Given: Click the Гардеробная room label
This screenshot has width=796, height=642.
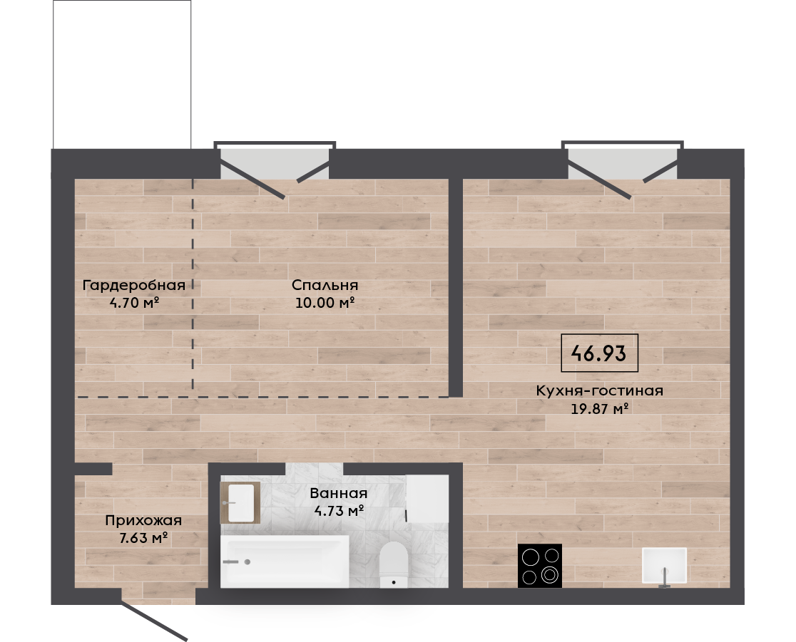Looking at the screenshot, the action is (x=133, y=286).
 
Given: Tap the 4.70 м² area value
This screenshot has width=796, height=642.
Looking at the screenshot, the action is (x=135, y=304).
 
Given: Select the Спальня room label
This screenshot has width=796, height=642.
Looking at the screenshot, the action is (x=325, y=285).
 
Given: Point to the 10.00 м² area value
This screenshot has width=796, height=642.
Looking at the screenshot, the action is (x=325, y=303).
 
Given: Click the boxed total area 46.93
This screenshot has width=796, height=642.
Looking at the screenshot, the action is (x=599, y=353).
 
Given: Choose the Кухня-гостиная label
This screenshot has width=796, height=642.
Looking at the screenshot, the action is (x=600, y=391).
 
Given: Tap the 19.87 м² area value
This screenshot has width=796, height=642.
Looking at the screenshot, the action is (x=600, y=408).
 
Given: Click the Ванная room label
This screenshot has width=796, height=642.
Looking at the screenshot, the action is (x=339, y=493).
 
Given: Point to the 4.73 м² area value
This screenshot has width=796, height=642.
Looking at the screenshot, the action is (x=339, y=510).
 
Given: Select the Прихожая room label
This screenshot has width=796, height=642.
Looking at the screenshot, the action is (x=143, y=521).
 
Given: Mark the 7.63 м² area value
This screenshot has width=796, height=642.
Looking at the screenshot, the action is (x=143, y=538).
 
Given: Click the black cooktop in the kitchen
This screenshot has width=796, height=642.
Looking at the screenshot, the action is (x=540, y=566).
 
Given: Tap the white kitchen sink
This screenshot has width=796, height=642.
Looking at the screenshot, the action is (x=664, y=566).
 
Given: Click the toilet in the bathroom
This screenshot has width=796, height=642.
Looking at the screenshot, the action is (x=394, y=564).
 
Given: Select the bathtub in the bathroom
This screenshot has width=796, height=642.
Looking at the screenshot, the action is (x=285, y=561).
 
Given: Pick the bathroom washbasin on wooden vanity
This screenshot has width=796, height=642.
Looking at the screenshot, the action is (x=240, y=502).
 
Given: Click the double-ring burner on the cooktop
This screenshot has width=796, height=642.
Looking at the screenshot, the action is (x=550, y=575).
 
